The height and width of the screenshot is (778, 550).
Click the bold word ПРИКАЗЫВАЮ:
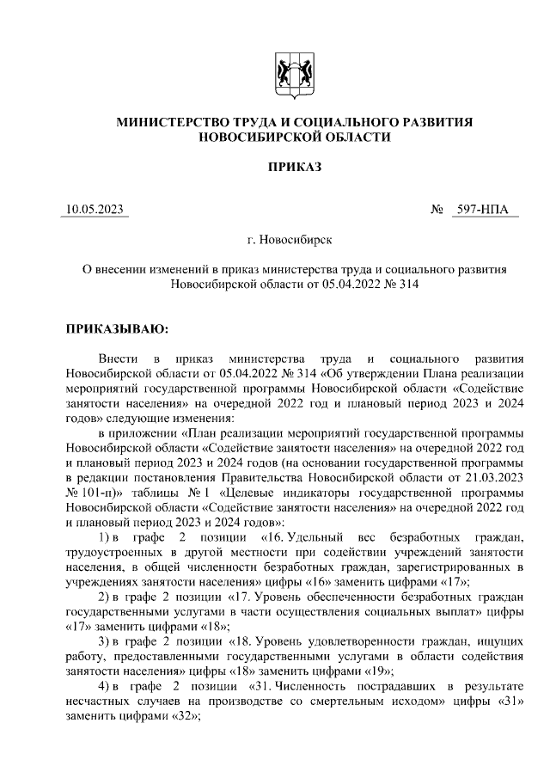tap(118, 328)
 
